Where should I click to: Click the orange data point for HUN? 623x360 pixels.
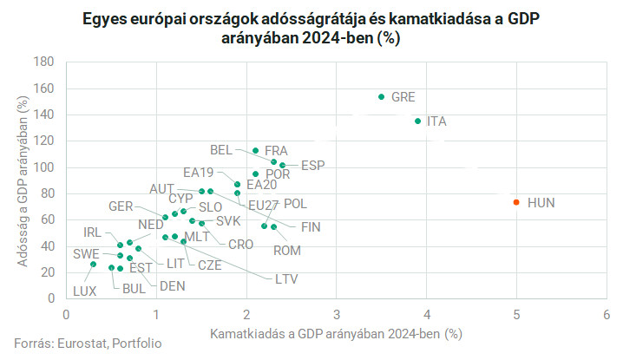point(516,202)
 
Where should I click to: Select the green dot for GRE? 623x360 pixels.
point(381,97)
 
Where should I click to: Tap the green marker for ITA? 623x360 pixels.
point(417,121)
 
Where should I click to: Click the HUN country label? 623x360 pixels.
point(541,203)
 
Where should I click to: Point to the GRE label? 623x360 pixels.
point(403,97)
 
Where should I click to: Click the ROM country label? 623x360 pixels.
point(287,251)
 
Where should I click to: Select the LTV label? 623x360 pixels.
point(288,278)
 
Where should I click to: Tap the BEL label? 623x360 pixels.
point(221,149)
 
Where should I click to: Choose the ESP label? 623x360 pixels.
point(313,164)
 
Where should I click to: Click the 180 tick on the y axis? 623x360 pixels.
point(44,62)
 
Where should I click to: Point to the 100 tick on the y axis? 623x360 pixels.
point(44,167)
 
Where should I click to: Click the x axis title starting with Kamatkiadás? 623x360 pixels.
point(335,332)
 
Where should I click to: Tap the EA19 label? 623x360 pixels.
point(198,172)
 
